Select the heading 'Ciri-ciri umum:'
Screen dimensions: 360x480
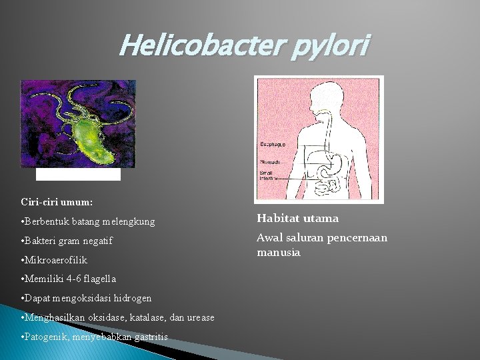tap(57, 201)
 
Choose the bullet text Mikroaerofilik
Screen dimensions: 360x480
tap(57, 259)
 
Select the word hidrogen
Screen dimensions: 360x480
tap(131, 298)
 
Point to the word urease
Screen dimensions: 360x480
tap(199, 317)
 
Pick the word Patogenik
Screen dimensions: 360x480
tap(48, 337)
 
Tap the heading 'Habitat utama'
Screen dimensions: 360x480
tap(297, 218)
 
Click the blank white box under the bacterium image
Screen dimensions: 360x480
tap(78, 174)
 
